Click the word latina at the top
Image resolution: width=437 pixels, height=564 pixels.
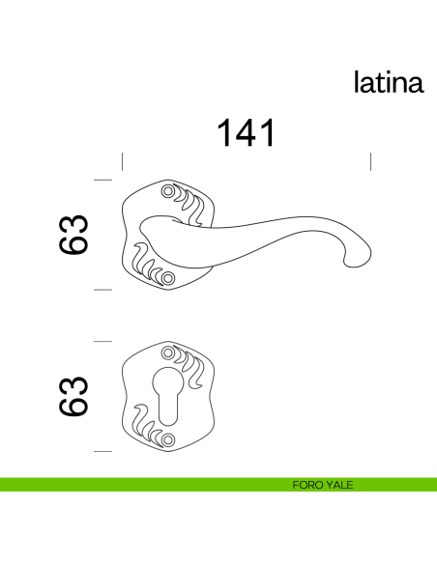coord(389,82)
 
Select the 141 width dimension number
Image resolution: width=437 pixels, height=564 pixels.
coord(245,133)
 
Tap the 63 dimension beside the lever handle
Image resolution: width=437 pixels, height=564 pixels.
coord(75,235)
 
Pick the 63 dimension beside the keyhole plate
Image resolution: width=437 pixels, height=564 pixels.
coord(75,396)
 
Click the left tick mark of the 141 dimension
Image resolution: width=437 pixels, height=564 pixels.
coord(122,161)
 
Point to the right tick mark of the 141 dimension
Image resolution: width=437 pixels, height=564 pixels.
coord(371,161)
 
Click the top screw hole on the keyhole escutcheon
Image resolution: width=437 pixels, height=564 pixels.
coord(170,353)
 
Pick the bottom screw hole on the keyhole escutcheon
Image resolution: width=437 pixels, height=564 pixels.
coord(170,439)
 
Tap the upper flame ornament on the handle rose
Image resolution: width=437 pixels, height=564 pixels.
coord(192,205)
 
